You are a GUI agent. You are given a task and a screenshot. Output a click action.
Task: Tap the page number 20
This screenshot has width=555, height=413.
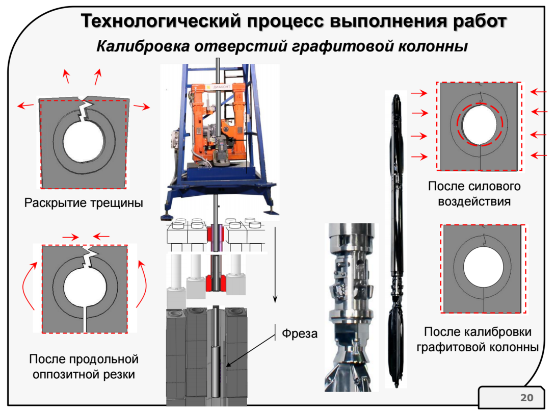tap(525, 397)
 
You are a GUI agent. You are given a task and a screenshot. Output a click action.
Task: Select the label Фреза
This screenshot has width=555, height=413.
tap(300, 334)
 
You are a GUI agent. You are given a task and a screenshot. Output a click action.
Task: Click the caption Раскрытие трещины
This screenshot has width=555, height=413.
tap(84, 203)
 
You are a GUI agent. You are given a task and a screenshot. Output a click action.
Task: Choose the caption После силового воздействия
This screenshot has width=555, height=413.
tap(474, 193)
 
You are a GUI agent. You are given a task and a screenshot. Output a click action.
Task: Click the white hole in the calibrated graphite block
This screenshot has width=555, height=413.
tap(482, 268)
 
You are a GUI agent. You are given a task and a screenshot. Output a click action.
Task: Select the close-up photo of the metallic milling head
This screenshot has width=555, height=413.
tap(351, 306)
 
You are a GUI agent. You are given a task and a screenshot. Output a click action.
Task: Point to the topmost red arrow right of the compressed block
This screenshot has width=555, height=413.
tap(538, 92)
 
